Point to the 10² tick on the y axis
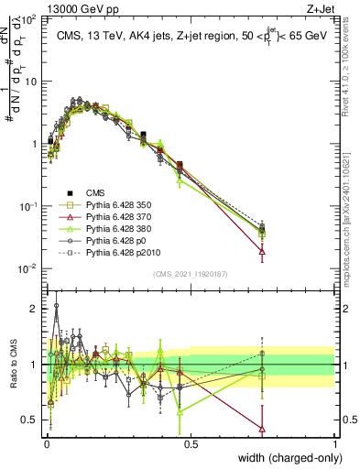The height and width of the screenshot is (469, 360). click(30, 19)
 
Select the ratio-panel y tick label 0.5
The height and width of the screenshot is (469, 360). click(29, 420)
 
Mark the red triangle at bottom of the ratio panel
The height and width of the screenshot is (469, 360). click(263, 428)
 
